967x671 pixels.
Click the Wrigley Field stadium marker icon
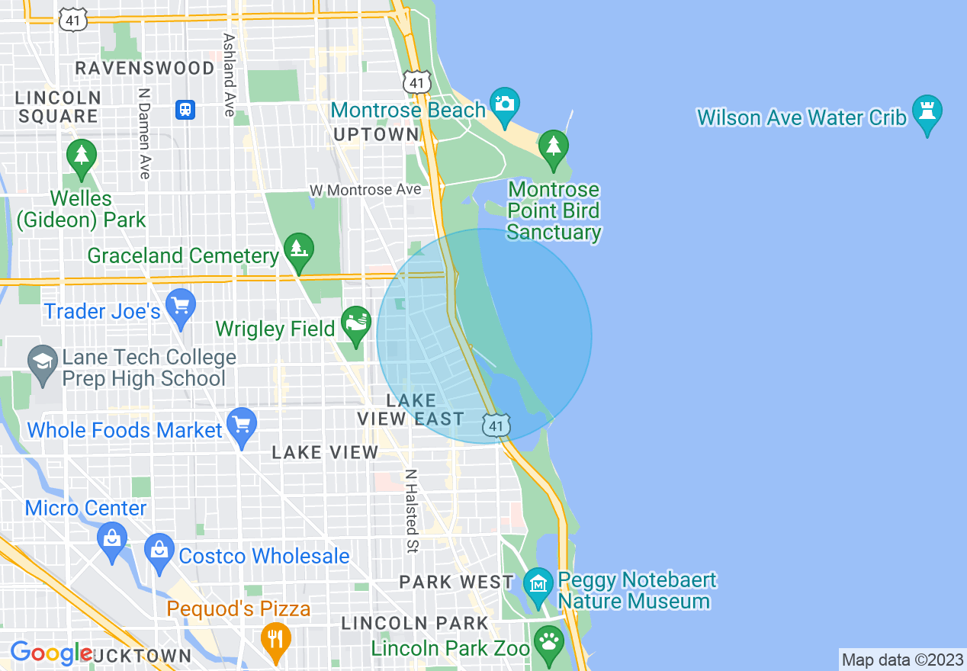click(355, 323)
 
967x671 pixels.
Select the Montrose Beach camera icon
click(504, 102)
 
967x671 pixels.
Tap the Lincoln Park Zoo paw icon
click(548, 641)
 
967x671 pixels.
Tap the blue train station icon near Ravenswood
click(185, 109)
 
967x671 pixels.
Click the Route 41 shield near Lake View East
click(496, 425)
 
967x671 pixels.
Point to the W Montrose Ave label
click(365, 190)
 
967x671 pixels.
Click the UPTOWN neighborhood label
click(377, 135)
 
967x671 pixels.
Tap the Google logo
click(50, 653)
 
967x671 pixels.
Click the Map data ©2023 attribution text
click(901, 660)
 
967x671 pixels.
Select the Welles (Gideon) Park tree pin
click(81, 156)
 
